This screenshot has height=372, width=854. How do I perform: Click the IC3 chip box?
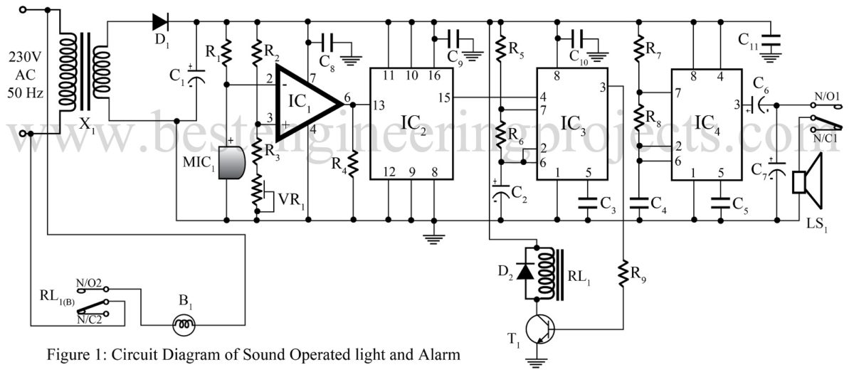point(571,125)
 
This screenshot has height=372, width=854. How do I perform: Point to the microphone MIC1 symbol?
point(230,163)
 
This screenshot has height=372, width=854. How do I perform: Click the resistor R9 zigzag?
point(623,273)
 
